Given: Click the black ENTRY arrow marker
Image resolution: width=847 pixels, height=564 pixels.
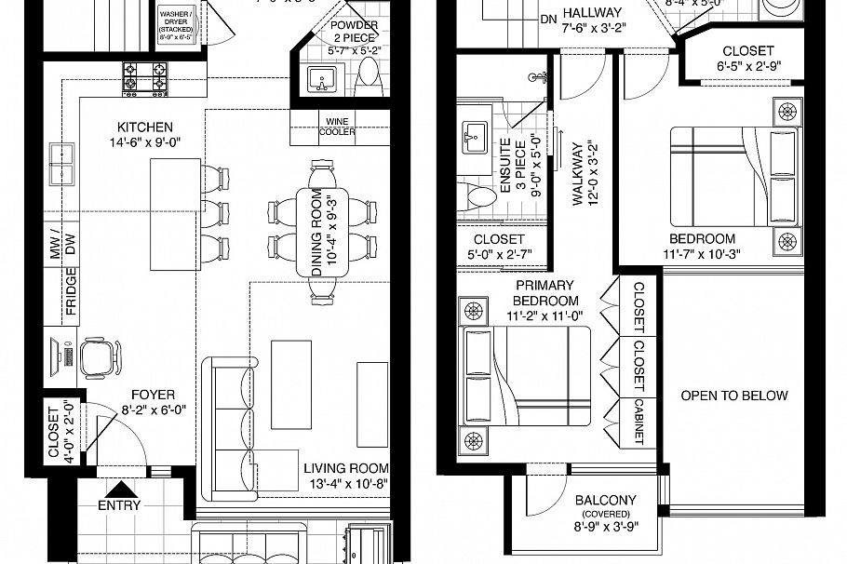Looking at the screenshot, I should tap(121, 488).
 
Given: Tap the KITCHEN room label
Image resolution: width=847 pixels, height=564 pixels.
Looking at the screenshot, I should tap(144, 128).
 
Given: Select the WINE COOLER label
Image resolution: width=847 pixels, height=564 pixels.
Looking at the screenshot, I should tap(336, 127).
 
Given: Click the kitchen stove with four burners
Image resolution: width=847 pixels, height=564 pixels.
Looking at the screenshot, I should tap(145, 77).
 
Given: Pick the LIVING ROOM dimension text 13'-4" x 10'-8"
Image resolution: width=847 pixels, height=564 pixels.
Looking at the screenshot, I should tap(349, 483).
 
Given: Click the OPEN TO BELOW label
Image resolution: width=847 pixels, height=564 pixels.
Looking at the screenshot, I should tap(733, 396).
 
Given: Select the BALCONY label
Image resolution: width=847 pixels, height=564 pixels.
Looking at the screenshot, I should tap(605, 500).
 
